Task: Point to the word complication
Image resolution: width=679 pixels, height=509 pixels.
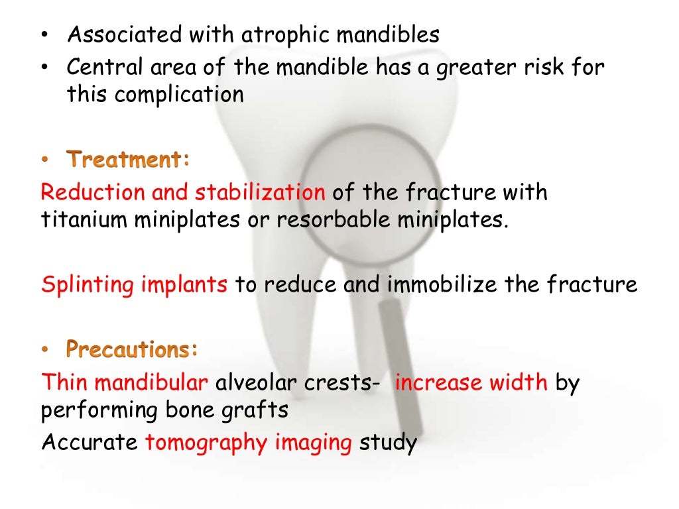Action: [179, 95]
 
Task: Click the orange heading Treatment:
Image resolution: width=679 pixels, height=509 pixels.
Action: [128, 159]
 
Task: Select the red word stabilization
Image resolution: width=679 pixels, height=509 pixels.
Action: [260, 192]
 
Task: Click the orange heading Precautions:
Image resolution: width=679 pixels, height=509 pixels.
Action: [133, 349]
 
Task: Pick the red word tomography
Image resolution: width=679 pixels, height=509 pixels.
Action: [206, 443]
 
